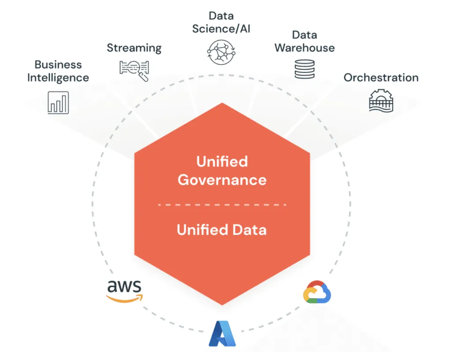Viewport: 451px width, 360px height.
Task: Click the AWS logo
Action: coord(124,291)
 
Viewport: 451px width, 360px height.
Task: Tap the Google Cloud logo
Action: coord(317,292)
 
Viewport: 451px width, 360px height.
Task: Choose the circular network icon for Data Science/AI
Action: coord(221,52)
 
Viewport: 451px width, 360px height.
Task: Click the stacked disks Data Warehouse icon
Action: coord(304,68)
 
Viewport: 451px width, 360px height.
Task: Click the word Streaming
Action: coord(134,48)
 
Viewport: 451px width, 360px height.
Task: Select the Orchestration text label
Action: coord(381,78)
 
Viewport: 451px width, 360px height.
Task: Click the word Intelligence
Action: coord(58,78)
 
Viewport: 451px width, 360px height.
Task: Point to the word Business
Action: coord(58,65)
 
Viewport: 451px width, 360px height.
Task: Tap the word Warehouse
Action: coord(304,48)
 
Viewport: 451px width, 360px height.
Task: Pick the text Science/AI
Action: coord(221,29)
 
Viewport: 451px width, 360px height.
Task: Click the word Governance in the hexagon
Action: coord(222,180)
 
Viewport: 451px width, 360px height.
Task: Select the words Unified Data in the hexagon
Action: coord(222,230)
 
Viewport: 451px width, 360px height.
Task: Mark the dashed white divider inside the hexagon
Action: coord(222,205)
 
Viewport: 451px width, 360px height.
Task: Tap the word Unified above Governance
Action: coord(222,161)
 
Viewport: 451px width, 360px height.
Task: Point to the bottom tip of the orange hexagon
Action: coord(222,304)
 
